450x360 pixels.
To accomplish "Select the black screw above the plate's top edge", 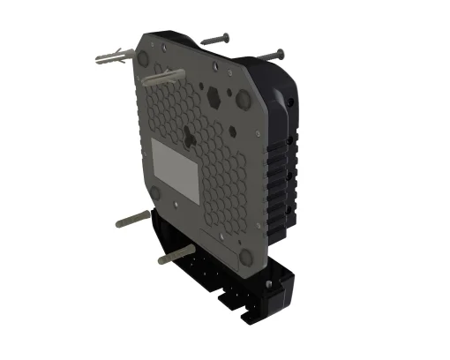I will pyautogui.click(x=216, y=40).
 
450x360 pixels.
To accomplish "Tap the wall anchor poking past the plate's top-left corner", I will pyautogui.click(x=114, y=61).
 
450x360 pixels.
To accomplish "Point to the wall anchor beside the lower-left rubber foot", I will pyautogui.click(x=131, y=217).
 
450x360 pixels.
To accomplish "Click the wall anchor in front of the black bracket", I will pyautogui.click(x=173, y=258).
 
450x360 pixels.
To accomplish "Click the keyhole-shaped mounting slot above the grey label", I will pyautogui.click(x=189, y=137).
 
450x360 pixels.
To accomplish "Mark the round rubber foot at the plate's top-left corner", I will pyautogui.click(x=141, y=56).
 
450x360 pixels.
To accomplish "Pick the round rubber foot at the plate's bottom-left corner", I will pyautogui.click(x=155, y=192).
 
